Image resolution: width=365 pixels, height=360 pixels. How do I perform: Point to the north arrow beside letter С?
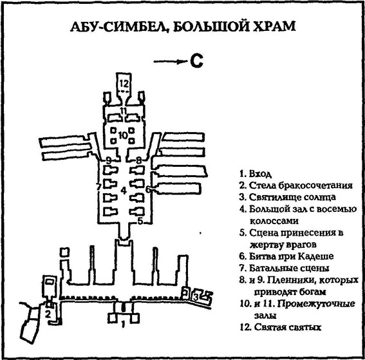click(170, 62)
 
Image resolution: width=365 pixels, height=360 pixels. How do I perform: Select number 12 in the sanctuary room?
click(124, 84)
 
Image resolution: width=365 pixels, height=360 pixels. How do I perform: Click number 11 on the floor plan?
click(123, 113)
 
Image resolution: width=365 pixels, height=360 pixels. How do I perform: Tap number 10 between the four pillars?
click(122, 136)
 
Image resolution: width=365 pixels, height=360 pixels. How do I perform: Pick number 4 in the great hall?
click(122, 190)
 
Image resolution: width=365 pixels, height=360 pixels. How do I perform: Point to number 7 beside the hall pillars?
click(98, 187)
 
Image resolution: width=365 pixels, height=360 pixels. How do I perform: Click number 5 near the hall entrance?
click(139, 222)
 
